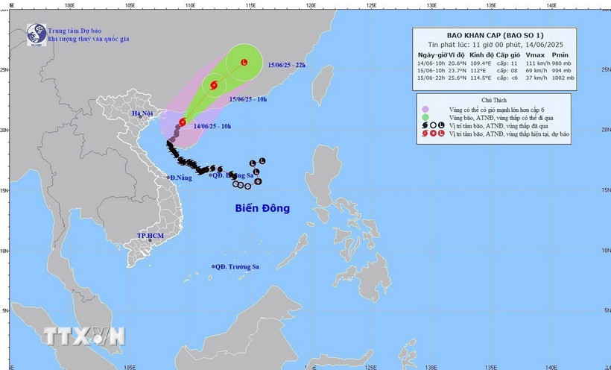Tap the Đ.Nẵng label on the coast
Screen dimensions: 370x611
point(180,178)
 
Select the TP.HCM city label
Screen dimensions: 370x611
point(150,236)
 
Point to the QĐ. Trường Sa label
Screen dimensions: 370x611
point(241,266)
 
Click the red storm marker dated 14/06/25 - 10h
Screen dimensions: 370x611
point(183,122)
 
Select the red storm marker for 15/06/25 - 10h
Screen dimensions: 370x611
point(215,85)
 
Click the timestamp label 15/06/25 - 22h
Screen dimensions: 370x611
point(287,66)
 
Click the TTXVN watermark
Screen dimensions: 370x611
point(83,336)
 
